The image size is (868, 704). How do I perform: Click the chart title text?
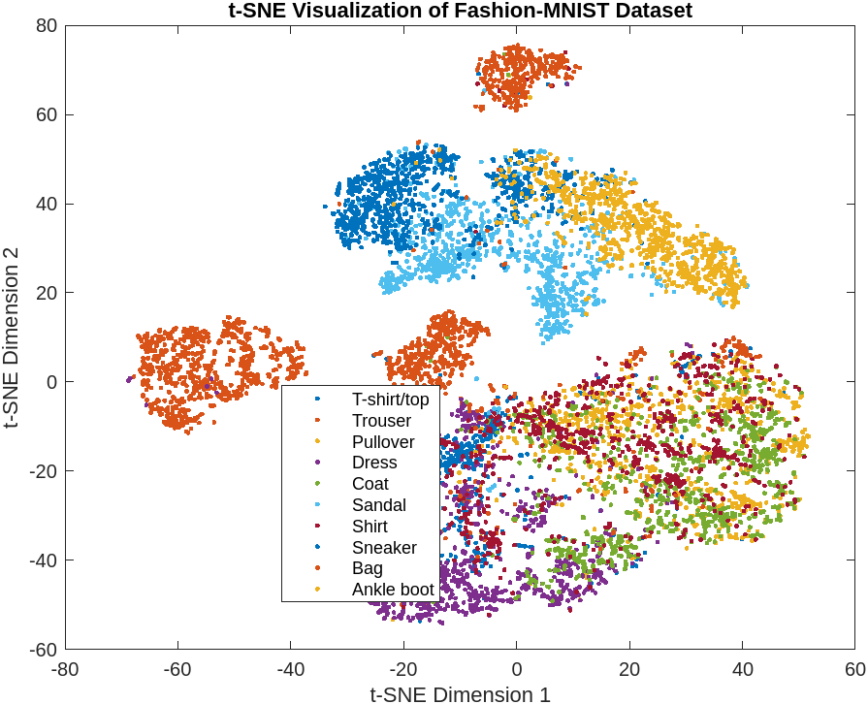[461, 11]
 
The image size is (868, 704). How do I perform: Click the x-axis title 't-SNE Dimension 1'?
[461, 692]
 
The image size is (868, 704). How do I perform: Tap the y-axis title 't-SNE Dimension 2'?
[13, 336]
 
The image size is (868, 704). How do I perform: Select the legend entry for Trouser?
[381, 421]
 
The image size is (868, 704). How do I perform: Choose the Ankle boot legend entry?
[393, 590]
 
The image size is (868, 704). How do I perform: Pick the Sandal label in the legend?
[379, 505]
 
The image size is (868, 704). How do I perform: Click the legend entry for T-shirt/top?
[397, 400]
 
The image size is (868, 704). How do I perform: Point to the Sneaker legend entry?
[384, 548]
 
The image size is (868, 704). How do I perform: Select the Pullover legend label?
[383, 442]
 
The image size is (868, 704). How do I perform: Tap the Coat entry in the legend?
[370, 484]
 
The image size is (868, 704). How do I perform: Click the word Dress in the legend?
[374, 464]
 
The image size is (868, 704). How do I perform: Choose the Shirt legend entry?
[370, 527]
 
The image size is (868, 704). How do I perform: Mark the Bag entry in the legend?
[368, 568]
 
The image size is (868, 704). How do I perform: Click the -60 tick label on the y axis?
[45, 649]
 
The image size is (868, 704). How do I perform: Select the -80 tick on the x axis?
[64, 669]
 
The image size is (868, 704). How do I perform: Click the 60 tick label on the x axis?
[854, 669]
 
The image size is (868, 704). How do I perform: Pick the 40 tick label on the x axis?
[742, 669]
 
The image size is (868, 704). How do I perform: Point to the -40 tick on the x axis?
[289, 669]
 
